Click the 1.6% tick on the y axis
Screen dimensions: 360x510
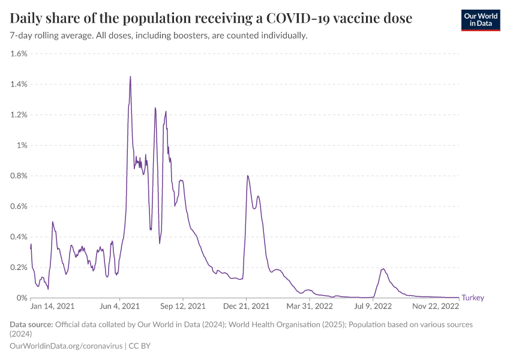(19, 53)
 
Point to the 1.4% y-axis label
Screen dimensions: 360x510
(19, 84)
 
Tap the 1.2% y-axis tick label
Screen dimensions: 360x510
(19, 115)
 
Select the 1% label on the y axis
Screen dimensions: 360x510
(22, 145)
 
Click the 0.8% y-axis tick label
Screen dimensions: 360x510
(19, 176)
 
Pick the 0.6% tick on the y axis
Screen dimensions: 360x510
(19, 206)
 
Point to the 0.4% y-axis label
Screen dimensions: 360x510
(19, 237)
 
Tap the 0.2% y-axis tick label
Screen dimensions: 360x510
(19, 268)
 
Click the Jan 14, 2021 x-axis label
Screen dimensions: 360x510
(53, 306)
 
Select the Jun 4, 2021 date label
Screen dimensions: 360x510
(120, 306)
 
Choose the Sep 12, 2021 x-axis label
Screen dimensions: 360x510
(183, 306)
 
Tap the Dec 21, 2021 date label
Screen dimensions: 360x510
(246, 306)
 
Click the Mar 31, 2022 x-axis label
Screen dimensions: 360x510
(309, 306)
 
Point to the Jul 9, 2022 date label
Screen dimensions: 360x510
(373, 306)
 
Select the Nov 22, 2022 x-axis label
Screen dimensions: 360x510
(436, 306)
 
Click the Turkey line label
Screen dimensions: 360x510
(472, 298)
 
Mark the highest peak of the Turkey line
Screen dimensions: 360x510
(130, 76)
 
